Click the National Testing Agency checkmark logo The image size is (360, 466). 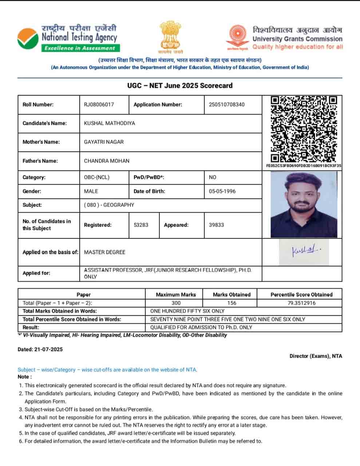coord(27,38)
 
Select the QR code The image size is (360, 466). coord(304,129)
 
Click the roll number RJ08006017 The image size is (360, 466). coord(99,104)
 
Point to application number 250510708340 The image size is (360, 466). coord(227,104)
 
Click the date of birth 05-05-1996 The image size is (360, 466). coord(222,191)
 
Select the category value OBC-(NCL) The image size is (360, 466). coord(97,177)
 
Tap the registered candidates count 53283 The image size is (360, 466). coord(141,225)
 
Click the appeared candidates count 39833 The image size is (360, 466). coord(216,225)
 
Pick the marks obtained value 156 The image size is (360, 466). coord(232,303)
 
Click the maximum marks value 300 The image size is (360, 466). coord(176,303)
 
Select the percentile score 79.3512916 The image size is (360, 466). coord(301,303)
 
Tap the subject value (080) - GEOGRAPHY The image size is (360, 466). coord(109,205)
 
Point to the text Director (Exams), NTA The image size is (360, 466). coord(316,356)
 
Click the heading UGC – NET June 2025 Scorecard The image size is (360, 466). coord(180,86)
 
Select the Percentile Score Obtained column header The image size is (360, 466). coord(301,295)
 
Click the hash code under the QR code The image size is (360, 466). coord(304,166)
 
